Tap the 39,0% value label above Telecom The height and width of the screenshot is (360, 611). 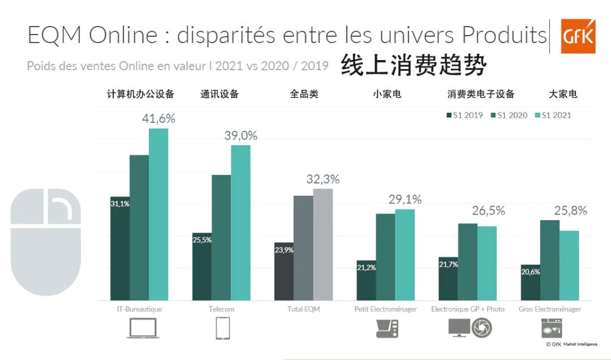click(x=240, y=136)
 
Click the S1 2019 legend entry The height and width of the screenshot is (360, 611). click(x=464, y=115)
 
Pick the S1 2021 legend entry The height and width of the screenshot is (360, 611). click(x=553, y=115)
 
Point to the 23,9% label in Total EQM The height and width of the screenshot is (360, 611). click(x=284, y=250)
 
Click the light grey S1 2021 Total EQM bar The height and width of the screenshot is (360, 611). click(x=323, y=244)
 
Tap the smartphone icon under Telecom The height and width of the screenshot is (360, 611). click(x=222, y=328)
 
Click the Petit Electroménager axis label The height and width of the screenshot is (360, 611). click(x=385, y=309)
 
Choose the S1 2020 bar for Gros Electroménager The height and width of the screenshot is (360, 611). click(x=549, y=260)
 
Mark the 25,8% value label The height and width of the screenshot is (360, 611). click(x=570, y=211)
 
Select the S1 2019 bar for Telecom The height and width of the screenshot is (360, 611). click(x=202, y=266)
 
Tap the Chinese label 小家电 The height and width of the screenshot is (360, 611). click(x=387, y=94)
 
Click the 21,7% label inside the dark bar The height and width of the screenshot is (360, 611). click(x=448, y=264)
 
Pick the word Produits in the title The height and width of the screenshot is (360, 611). click(x=504, y=35)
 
